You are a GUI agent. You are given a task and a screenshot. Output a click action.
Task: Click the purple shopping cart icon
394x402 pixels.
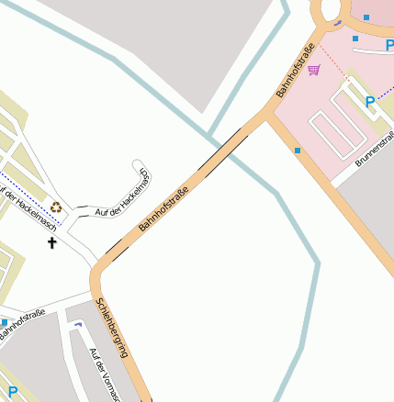point(315,71)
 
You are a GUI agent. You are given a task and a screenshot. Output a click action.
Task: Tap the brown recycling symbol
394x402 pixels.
point(57,207)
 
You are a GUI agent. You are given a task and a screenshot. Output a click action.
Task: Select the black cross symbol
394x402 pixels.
point(52,243)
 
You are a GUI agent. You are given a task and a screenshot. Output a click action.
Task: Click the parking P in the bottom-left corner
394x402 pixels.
point(13,393)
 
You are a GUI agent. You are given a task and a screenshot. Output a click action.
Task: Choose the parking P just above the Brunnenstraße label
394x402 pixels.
point(371,102)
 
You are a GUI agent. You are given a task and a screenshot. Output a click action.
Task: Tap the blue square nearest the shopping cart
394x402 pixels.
point(355,39)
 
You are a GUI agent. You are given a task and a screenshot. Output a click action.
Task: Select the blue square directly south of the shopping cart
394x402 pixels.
point(298,150)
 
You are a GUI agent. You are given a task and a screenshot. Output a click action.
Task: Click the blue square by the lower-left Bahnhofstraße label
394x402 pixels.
point(5,322)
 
